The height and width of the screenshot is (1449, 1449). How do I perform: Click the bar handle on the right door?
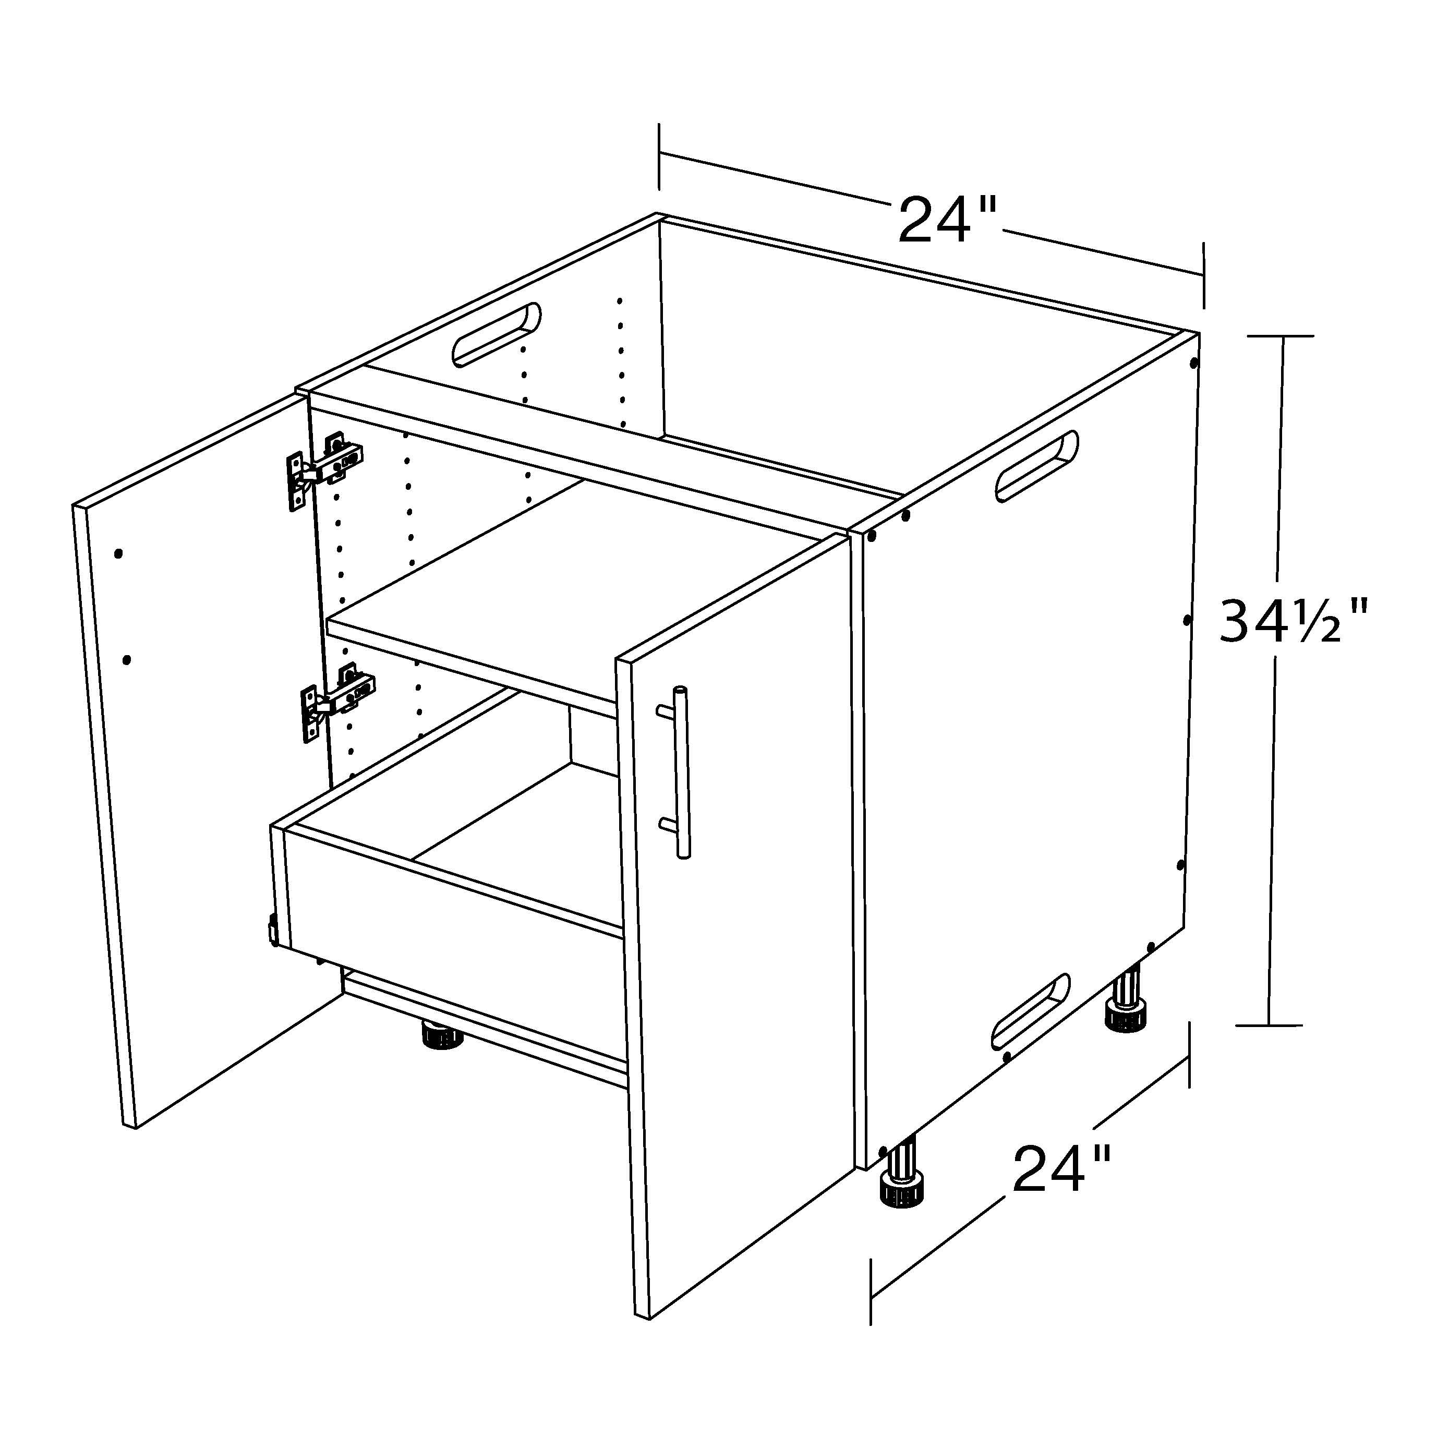coord(677,772)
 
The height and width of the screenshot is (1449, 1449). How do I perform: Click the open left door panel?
coord(199,757)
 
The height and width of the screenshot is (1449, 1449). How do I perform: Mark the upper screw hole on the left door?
coord(118,554)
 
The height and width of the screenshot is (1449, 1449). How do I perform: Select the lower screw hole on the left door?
coord(127,660)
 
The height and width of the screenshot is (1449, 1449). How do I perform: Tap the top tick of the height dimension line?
coord(1279,336)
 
